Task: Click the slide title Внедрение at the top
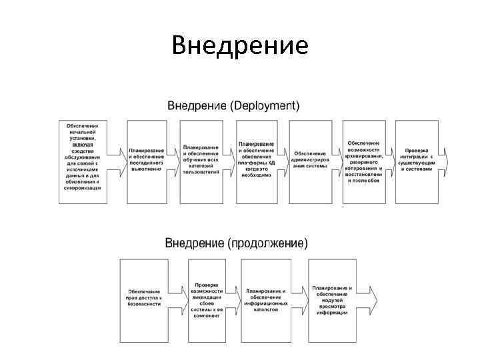[240, 45]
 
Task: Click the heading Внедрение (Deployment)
[233, 106]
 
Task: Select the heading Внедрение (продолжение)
[237, 243]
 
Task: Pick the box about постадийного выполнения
[146, 161]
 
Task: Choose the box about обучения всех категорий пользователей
[200, 161]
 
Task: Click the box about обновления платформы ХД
[256, 161]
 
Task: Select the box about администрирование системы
[309, 161]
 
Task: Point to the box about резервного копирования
[364, 161]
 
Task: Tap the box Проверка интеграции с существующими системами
[417, 161]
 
